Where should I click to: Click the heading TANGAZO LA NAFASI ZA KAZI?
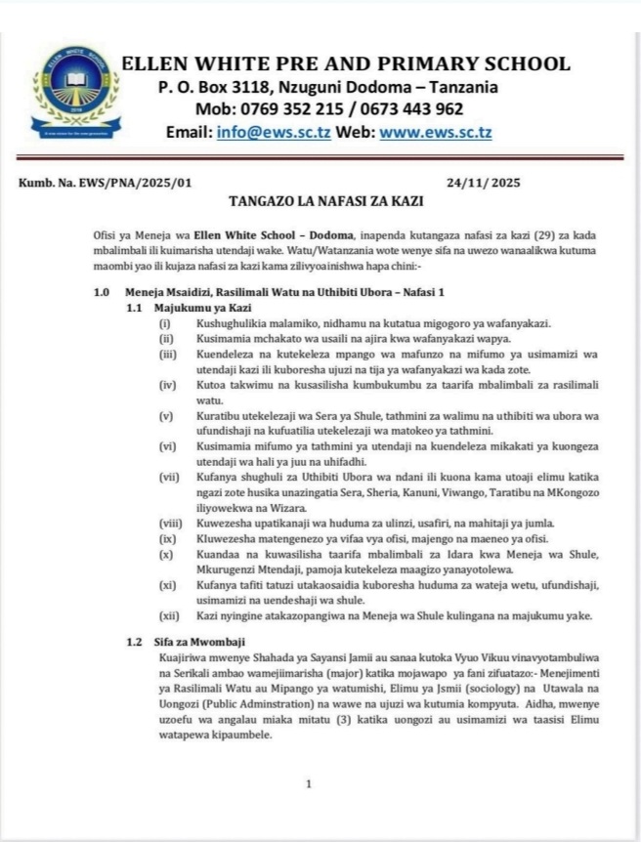click(x=320, y=203)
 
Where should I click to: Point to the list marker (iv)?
click(x=168, y=385)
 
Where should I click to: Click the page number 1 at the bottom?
click(x=309, y=783)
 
